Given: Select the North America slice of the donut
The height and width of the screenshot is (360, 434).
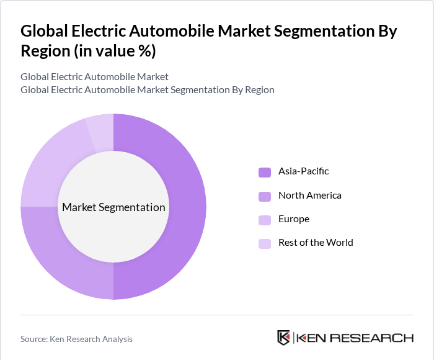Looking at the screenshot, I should click(x=68, y=261).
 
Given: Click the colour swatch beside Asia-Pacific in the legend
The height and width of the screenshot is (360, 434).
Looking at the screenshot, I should click(x=265, y=172).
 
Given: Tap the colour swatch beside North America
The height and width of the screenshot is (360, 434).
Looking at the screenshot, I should click(x=265, y=196).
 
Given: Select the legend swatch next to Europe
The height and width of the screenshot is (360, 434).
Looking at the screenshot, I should click(x=265, y=220).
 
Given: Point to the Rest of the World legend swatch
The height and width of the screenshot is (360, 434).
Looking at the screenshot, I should click(x=265, y=243).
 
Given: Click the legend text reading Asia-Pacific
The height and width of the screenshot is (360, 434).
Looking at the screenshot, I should click(x=303, y=171).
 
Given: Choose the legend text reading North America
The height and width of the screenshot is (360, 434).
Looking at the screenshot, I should click(x=309, y=196).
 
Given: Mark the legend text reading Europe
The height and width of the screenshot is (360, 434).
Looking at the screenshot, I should click(x=293, y=219).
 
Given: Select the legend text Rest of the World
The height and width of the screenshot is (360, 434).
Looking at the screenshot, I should click(x=316, y=243).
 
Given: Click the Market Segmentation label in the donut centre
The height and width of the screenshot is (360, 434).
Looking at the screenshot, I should click(x=113, y=207).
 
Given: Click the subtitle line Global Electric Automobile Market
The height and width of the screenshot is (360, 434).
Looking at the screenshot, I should click(x=94, y=77).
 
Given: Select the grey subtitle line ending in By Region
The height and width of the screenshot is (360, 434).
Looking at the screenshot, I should click(x=147, y=90).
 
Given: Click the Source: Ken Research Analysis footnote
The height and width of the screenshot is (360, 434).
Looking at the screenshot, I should click(x=76, y=339).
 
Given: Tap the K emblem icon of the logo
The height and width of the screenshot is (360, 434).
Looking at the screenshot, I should click(x=283, y=338).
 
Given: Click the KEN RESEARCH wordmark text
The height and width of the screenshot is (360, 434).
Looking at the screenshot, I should click(x=355, y=338).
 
